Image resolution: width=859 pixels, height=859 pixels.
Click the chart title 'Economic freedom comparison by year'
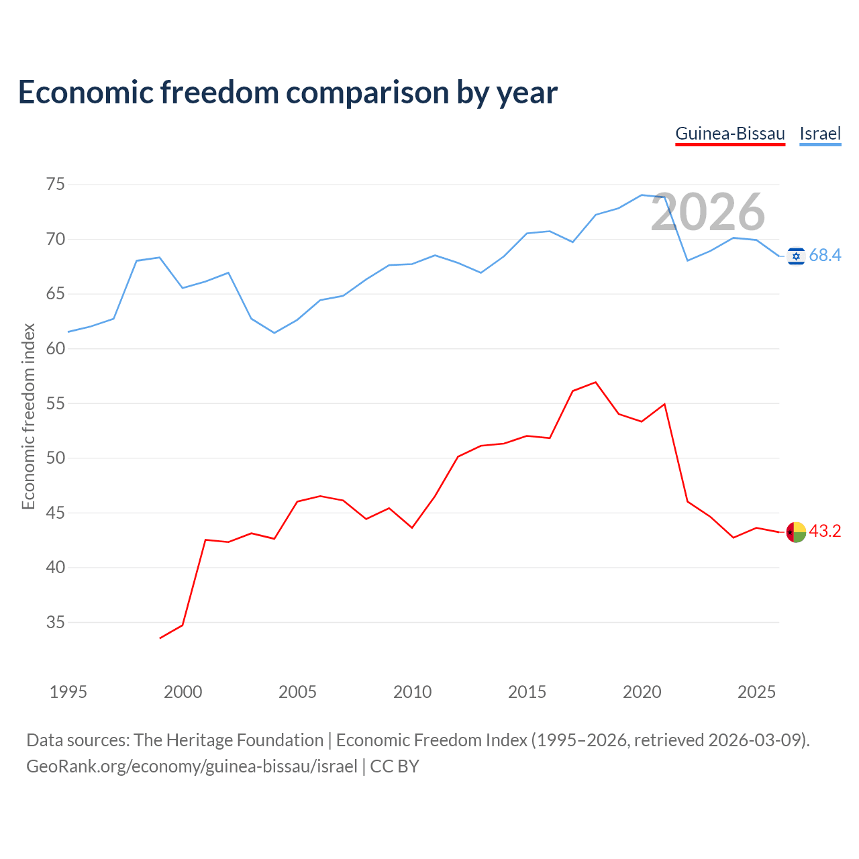pyautogui.click(x=287, y=93)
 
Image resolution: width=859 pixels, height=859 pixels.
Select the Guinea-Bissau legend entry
pyautogui.click(x=729, y=134)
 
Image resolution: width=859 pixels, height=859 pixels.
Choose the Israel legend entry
pyautogui.click(x=820, y=134)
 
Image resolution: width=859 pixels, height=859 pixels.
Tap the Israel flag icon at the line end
pyautogui.click(x=796, y=256)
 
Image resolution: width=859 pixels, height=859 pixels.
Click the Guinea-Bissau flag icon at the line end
pyautogui.click(x=796, y=532)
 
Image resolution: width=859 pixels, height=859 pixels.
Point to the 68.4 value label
pyautogui.click(x=825, y=256)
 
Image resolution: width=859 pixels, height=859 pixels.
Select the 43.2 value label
pyautogui.click(x=825, y=531)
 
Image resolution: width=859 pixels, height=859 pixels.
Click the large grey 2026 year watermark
pyautogui.click(x=707, y=212)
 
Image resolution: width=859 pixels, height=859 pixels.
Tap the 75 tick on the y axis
pyautogui.click(x=55, y=184)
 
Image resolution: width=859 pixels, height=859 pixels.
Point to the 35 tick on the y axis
pyautogui.click(x=55, y=622)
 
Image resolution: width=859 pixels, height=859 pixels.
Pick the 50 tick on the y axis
pyautogui.click(x=55, y=458)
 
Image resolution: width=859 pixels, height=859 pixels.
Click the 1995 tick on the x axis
pyautogui.click(x=68, y=692)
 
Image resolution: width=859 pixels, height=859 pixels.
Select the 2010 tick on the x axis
pyautogui.click(x=412, y=692)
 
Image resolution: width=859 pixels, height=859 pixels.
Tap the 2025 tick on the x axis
pyautogui.click(x=756, y=692)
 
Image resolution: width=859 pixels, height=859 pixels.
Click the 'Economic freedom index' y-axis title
pyautogui.click(x=28, y=416)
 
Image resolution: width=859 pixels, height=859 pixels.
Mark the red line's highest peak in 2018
pyautogui.click(x=595, y=382)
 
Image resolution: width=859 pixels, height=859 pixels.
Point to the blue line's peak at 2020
pyautogui.click(x=642, y=195)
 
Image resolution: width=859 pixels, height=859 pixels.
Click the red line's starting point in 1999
pyautogui.click(x=160, y=638)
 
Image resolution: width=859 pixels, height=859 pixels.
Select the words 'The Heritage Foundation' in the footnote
pyautogui.click(x=229, y=740)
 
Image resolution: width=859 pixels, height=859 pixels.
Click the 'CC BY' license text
pyautogui.click(x=395, y=766)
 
